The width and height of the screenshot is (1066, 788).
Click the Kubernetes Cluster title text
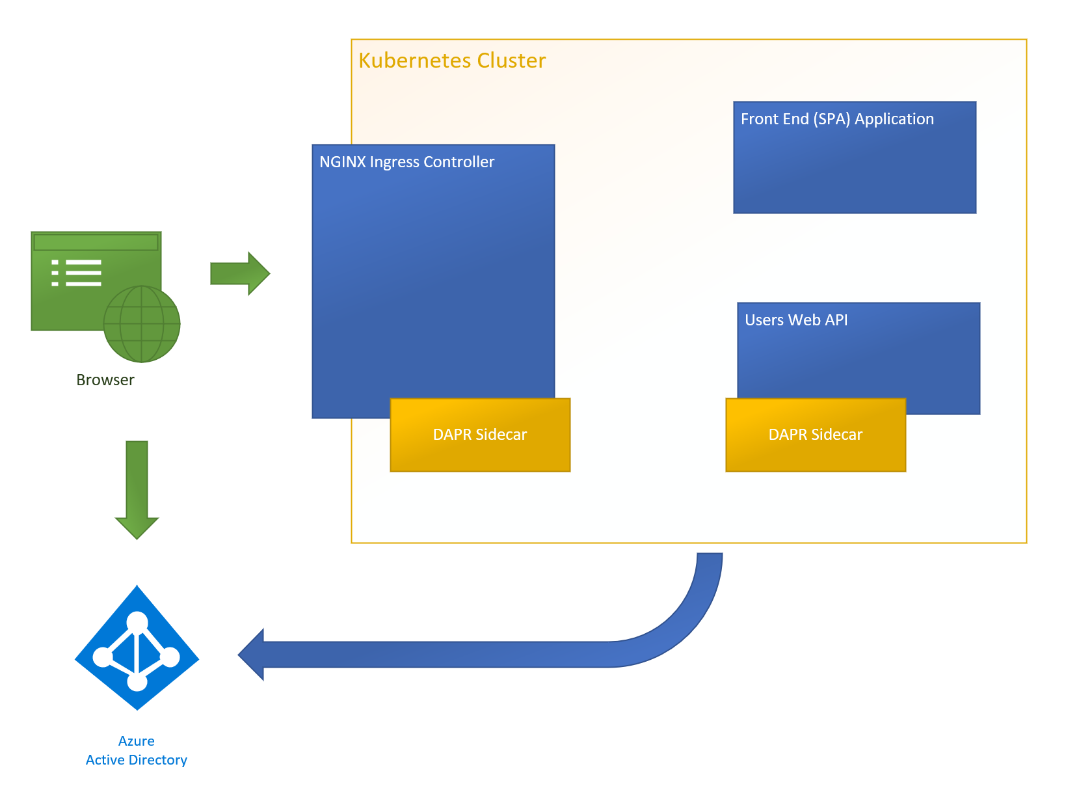pyautogui.click(x=452, y=61)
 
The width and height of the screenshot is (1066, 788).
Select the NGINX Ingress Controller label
pyautogui.click(x=406, y=162)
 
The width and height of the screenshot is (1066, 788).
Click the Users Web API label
pyautogui.click(x=795, y=320)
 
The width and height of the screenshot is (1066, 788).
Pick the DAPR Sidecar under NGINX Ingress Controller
pyautogui.click(x=480, y=435)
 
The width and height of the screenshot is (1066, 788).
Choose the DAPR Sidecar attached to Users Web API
pyautogui.click(x=815, y=435)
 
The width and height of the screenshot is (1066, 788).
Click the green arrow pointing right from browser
pyautogui.click(x=240, y=273)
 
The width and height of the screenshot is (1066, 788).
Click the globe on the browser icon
pyautogui.click(x=142, y=324)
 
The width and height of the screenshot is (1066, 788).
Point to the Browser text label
pyautogui.click(x=105, y=380)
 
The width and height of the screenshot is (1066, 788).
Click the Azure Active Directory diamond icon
pyautogui.click(x=137, y=647)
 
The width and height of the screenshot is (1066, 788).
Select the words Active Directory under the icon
pyautogui.click(x=137, y=760)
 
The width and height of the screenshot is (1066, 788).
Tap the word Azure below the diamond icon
pyautogui.click(x=137, y=741)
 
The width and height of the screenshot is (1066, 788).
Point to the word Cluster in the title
pyautogui.click(x=511, y=61)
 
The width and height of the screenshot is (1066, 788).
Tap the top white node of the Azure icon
pyautogui.click(x=137, y=621)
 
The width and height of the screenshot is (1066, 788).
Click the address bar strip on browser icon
pyautogui.click(x=96, y=243)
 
